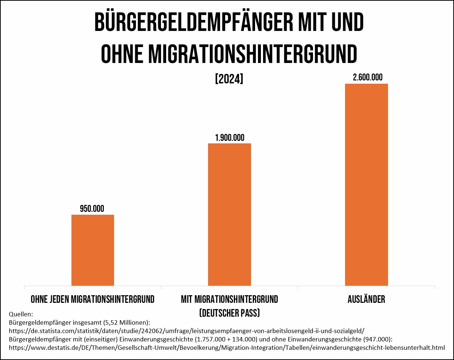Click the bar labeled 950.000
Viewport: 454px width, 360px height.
[x=93, y=250]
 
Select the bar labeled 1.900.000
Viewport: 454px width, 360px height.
[x=230, y=214]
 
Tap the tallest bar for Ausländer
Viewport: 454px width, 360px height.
[x=366, y=185]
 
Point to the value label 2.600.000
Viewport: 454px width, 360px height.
[x=367, y=77]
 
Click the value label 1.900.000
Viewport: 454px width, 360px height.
[x=230, y=138]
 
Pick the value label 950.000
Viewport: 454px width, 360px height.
[x=92, y=209]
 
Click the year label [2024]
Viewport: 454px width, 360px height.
[x=229, y=79]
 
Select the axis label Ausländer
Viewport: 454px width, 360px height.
[x=366, y=299]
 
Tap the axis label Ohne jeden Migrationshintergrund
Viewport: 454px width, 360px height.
[x=93, y=299]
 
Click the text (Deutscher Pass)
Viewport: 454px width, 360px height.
[x=230, y=313]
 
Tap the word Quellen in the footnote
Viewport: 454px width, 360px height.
[x=20, y=314]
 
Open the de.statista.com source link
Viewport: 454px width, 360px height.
[x=186, y=331]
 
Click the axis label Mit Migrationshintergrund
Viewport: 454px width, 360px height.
[x=230, y=299]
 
